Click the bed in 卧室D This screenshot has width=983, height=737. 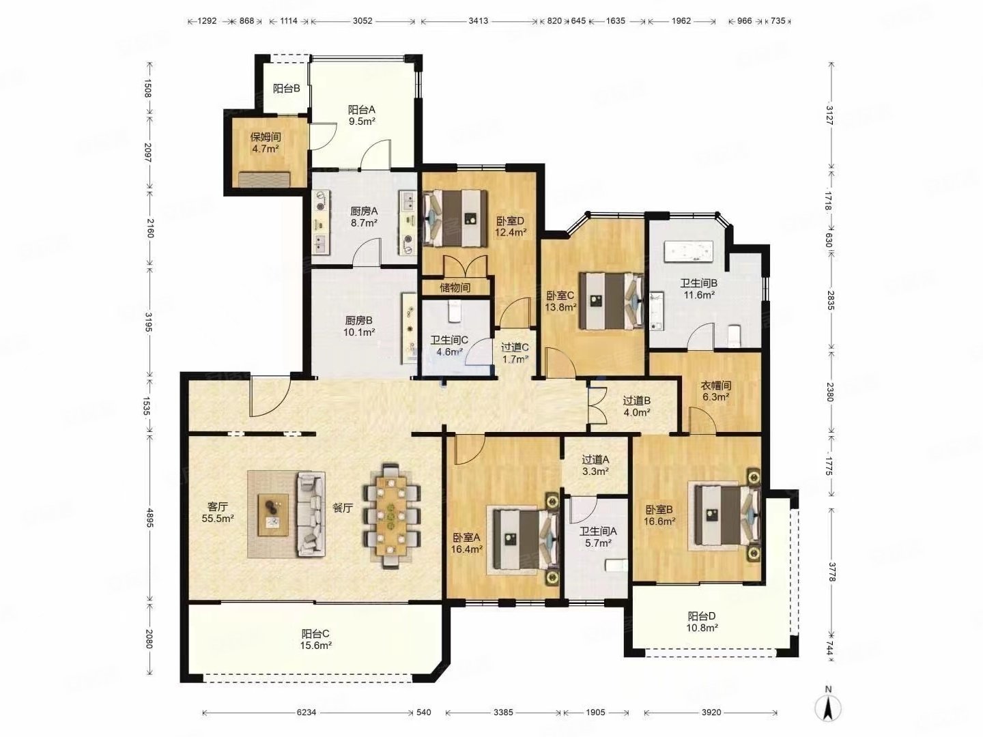455,218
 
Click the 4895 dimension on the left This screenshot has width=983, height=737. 149,518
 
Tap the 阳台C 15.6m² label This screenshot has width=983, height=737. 316,639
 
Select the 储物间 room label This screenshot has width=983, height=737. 455,287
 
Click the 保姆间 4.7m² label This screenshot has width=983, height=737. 266,143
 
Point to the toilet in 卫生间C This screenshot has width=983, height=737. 455,311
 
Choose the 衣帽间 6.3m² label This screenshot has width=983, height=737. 715,390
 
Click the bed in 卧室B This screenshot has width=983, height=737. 727,515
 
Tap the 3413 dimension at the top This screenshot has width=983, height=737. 479,20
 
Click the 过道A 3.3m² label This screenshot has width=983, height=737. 595,465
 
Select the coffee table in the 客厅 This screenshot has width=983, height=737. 273,515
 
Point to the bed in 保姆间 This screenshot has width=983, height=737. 265,179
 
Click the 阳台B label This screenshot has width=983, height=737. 287,89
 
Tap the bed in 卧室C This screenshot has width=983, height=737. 611,301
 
